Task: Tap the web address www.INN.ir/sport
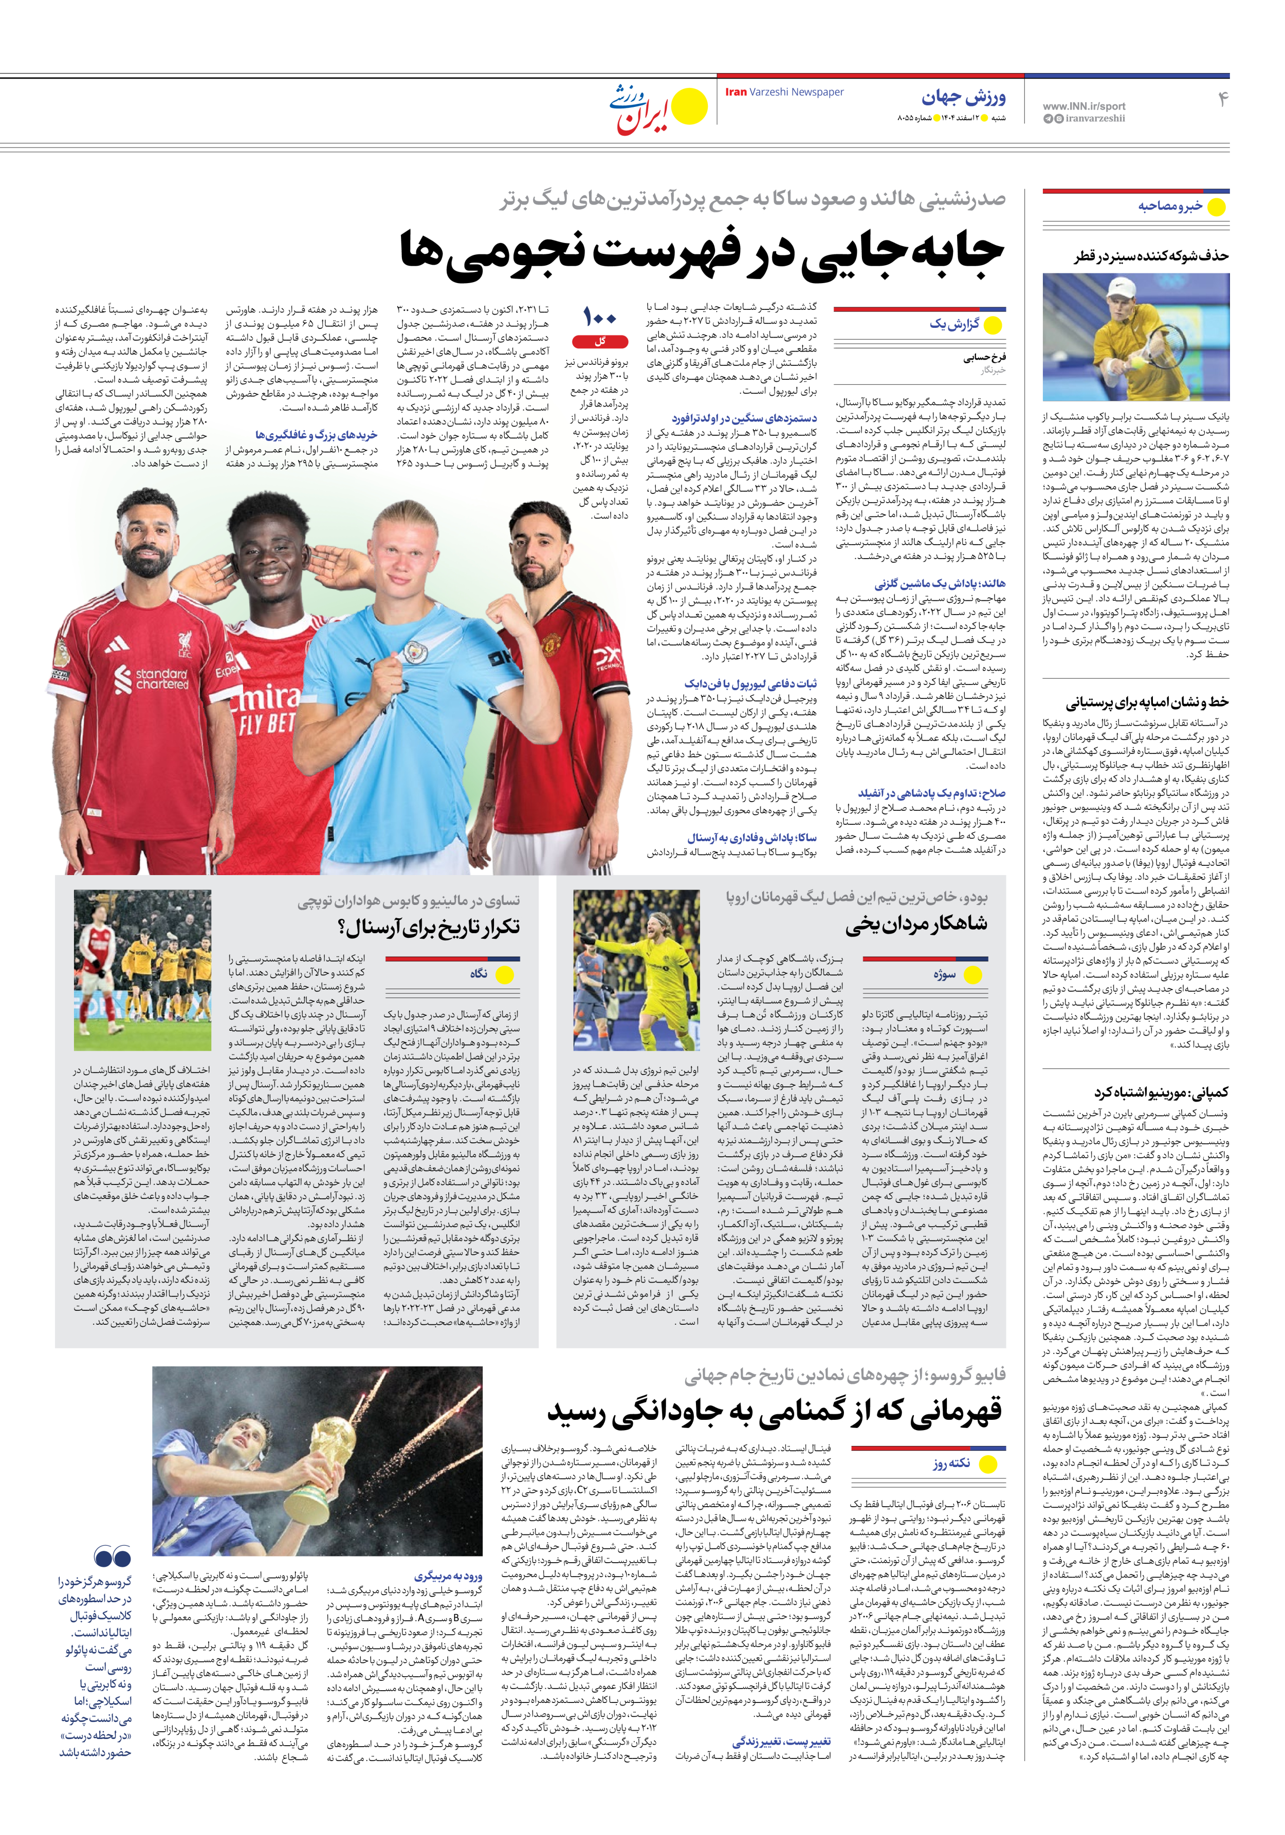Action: (x=1084, y=105)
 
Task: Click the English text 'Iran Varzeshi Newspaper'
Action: (x=784, y=92)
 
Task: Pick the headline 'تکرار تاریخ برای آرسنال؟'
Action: (x=429, y=926)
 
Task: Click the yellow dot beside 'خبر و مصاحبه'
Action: (x=1216, y=207)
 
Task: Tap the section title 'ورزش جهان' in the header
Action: (x=964, y=98)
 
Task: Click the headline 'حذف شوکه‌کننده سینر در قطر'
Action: (x=1151, y=256)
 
